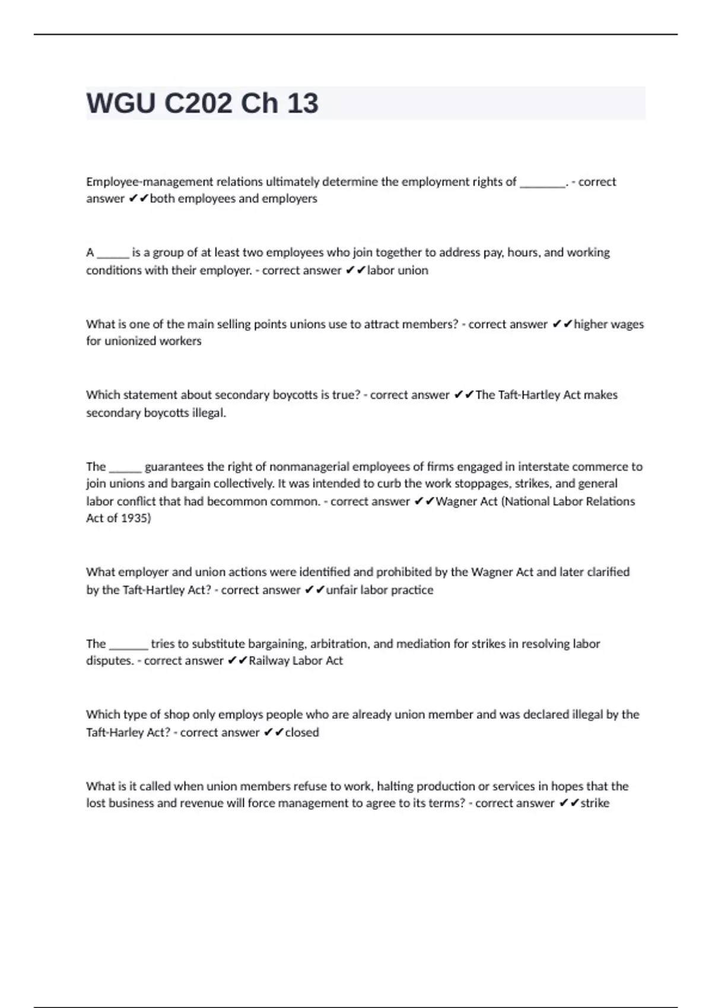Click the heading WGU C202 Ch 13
click(x=202, y=103)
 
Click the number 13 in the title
click(x=303, y=103)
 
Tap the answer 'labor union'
click(x=397, y=270)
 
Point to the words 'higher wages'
click(x=608, y=324)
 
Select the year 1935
click(x=135, y=518)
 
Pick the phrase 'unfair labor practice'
click(x=379, y=590)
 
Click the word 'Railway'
click(x=269, y=661)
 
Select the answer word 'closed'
click(x=302, y=732)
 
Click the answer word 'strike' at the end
click(x=595, y=803)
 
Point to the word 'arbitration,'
click(x=341, y=644)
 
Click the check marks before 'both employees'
click(x=138, y=199)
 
